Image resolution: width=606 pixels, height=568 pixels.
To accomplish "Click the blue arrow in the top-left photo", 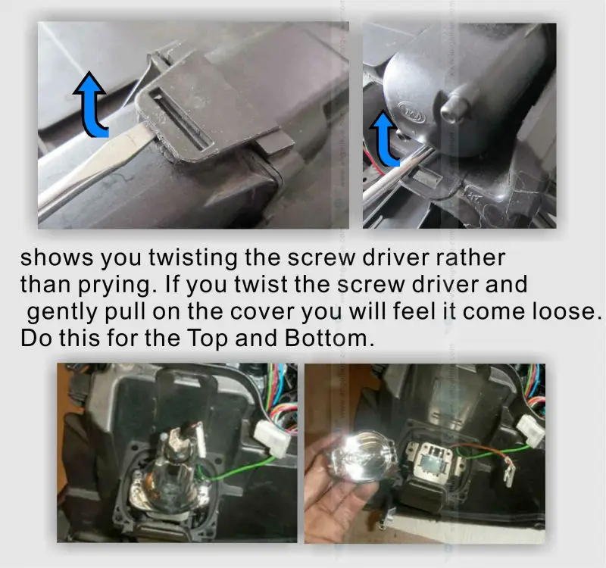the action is point(92,108).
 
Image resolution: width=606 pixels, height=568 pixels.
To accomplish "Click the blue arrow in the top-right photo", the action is point(383,141).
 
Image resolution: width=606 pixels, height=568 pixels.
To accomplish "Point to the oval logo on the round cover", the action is point(412,112).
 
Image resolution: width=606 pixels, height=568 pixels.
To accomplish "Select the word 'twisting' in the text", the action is point(193,257).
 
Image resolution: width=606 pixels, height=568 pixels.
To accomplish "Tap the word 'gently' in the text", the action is point(63,312).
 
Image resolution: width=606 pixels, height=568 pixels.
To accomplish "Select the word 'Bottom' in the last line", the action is point(326,338).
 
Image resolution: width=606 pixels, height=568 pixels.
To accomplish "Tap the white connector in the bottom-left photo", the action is point(272,438).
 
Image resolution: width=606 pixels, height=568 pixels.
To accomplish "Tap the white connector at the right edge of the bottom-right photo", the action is point(530,430).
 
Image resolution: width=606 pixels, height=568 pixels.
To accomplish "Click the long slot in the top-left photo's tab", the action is point(182,119).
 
